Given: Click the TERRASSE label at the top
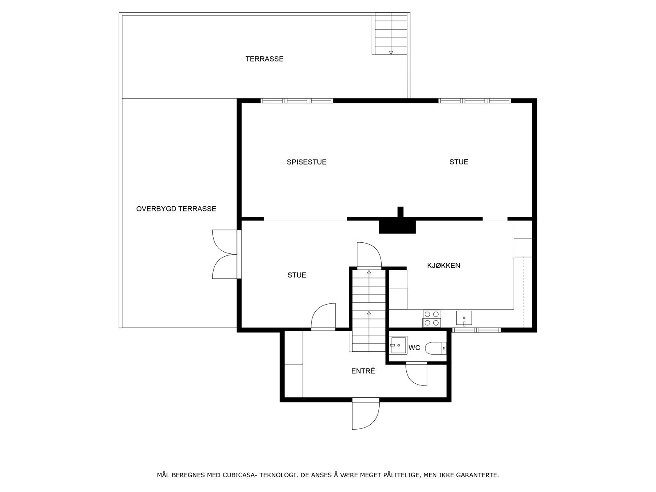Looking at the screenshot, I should [x=264, y=59].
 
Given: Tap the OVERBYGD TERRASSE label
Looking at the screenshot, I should [x=176, y=209].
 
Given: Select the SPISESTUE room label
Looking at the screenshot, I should [x=306, y=162].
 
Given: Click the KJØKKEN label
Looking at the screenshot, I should [x=444, y=266].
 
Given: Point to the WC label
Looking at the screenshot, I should [x=414, y=348].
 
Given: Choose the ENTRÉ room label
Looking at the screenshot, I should [x=363, y=371].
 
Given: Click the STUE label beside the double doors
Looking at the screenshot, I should [x=296, y=275].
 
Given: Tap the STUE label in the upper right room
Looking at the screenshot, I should [x=458, y=162].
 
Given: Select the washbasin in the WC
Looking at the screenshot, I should [x=398, y=345].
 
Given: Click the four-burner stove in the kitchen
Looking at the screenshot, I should [x=431, y=319].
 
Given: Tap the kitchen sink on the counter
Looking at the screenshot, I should [x=464, y=318].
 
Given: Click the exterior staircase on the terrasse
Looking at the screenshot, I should [x=391, y=34].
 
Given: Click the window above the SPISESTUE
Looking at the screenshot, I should [x=297, y=101].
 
